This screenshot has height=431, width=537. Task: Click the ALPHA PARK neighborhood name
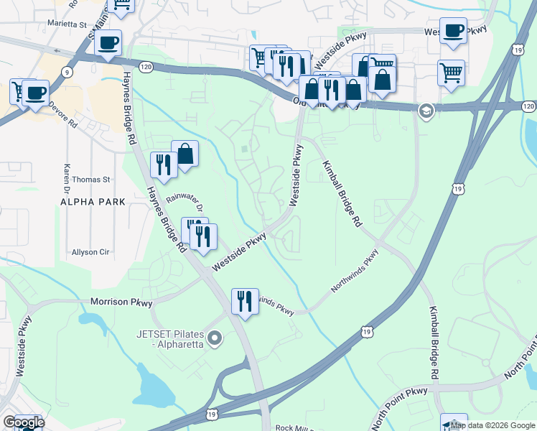[93, 203]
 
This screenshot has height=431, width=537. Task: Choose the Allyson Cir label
[89, 252]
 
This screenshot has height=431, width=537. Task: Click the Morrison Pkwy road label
[121, 302]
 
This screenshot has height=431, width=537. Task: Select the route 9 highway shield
[67, 72]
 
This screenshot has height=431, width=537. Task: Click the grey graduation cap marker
[426, 111]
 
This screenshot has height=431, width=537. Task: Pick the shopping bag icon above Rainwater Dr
[185, 153]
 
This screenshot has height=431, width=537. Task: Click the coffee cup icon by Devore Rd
[35, 92]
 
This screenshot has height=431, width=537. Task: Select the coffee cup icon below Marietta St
[108, 42]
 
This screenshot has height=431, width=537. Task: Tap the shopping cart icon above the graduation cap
[451, 72]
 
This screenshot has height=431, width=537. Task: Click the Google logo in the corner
[23, 422]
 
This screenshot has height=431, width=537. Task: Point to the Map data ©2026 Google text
[492, 425]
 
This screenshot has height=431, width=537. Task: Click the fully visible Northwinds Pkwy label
[355, 270]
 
